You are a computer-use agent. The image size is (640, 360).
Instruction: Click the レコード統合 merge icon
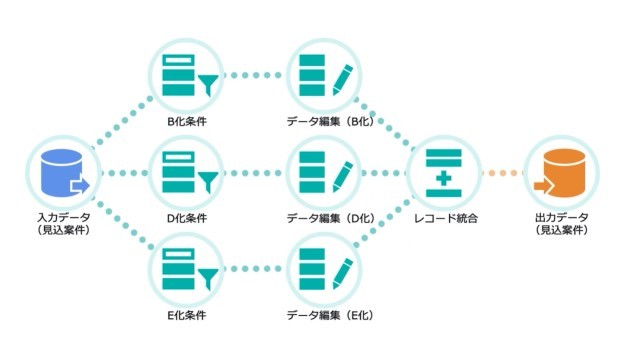click(x=441, y=173)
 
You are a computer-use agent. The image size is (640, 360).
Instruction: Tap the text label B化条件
click(x=187, y=122)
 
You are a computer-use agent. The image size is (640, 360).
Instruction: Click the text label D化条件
click(x=187, y=218)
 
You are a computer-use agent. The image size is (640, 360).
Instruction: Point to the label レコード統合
click(x=441, y=218)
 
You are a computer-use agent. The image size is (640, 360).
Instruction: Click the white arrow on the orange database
click(x=545, y=185)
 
